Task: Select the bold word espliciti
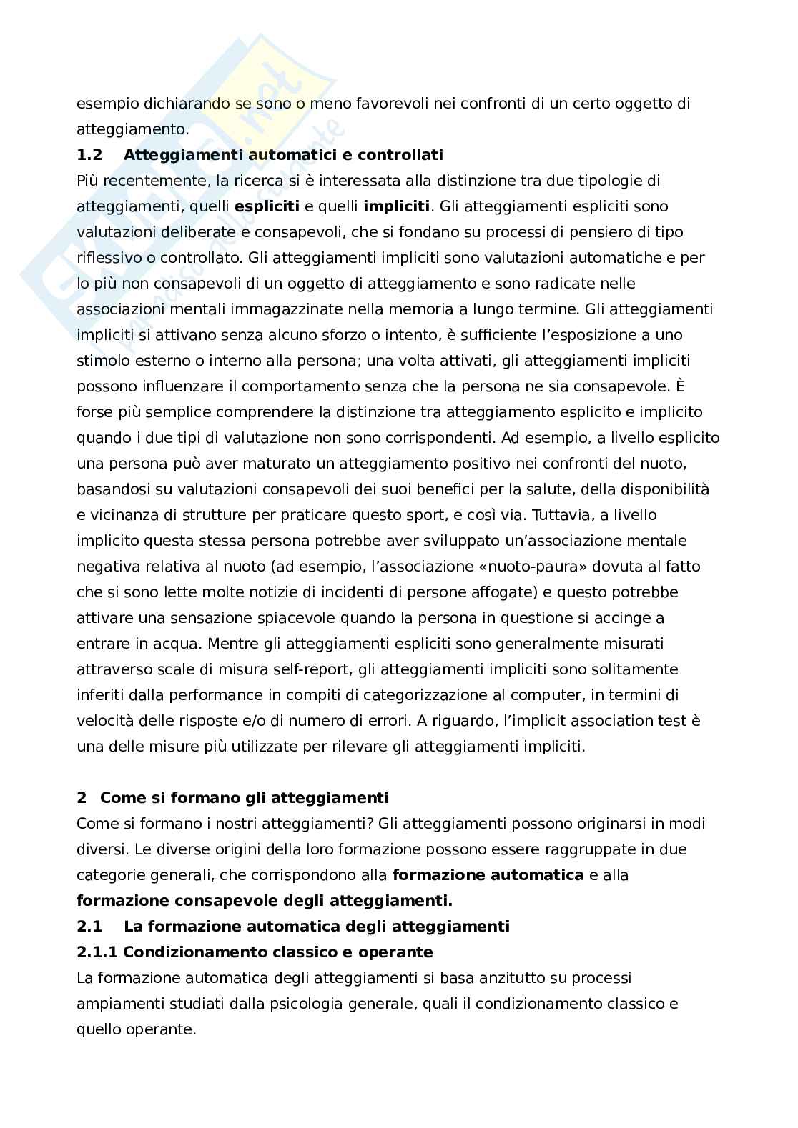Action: [x=267, y=206]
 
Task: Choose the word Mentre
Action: [x=231, y=644]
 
